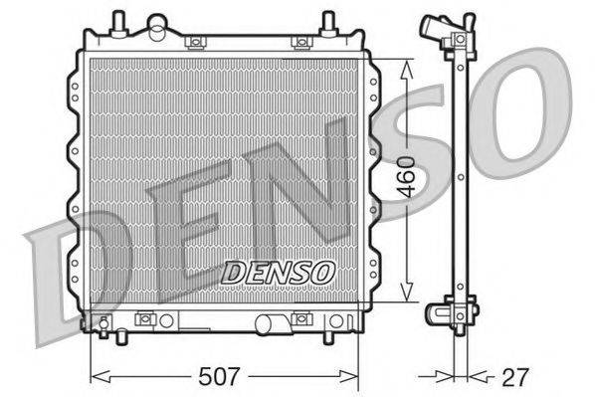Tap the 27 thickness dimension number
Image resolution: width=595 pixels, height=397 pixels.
(515, 377)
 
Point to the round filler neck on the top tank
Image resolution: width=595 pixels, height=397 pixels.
(157, 26)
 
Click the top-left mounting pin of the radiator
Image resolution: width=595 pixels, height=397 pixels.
(118, 21)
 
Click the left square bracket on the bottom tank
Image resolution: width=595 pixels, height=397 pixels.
(145, 319)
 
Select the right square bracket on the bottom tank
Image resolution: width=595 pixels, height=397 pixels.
(300, 319)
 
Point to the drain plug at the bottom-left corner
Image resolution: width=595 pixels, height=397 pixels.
(101, 321)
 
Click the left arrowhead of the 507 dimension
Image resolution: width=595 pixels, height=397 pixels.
(96, 377)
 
